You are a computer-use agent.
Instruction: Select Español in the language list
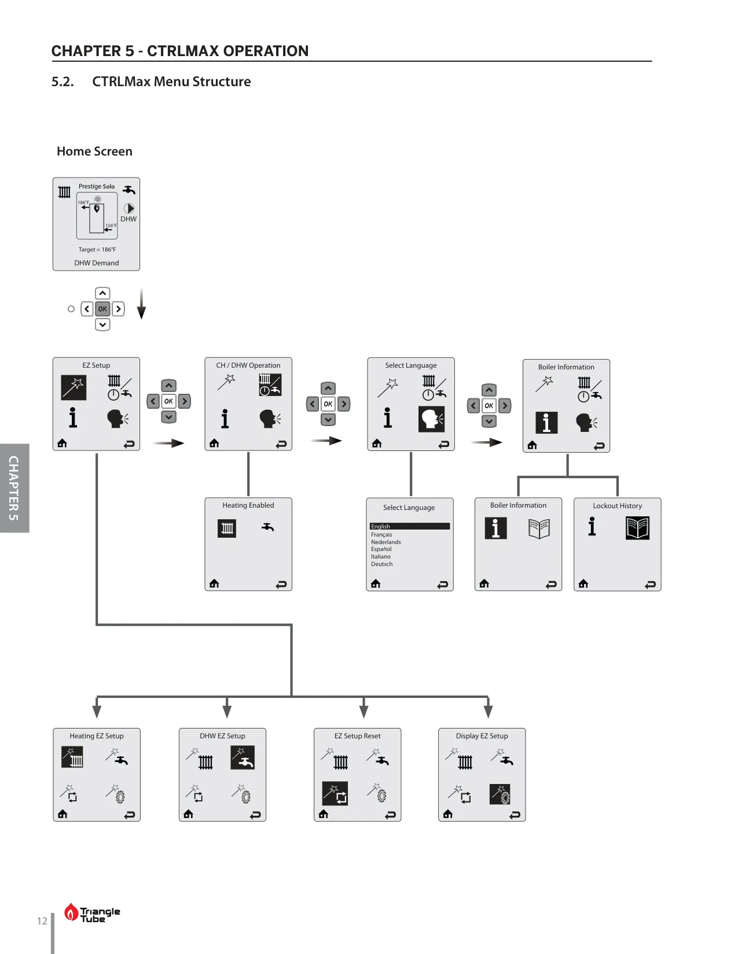pos(381,549)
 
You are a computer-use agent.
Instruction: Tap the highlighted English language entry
pos(410,526)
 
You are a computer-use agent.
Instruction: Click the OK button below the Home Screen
pos(102,309)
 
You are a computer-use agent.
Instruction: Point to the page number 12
pos(42,921)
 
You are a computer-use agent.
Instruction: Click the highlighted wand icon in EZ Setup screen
pos(74,387)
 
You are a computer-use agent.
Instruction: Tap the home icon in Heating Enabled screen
pos(214,583)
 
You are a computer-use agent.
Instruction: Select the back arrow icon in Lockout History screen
pos(650,585)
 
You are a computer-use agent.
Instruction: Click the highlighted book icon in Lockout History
pos(637,528)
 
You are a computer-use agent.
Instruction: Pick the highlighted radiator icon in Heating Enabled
pos(227,528)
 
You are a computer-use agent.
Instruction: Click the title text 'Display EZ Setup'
pos(482,736)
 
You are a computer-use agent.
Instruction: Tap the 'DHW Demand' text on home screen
pos(96,263)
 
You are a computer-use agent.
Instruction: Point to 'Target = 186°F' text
pos(97,249)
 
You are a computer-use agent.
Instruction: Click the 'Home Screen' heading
pos(94,151)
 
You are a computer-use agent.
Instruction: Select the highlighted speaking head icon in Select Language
pos(431,419)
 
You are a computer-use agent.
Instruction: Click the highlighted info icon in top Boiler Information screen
pos(546,422)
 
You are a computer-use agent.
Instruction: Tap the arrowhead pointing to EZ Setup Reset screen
pos(364,711)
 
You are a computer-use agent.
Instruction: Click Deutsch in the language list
pos(381,564)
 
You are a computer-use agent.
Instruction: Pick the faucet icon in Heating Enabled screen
pos(267,526)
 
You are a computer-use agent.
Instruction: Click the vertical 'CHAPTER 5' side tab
pos(14,488)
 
